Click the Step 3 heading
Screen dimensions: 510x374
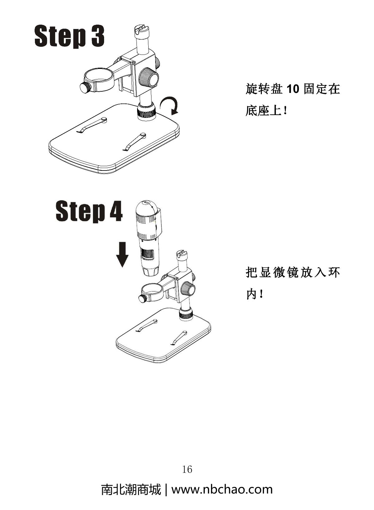[x=69, y=36]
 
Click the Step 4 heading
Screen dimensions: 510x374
[x=89, y=211]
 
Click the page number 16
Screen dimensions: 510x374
[x=187, y=469]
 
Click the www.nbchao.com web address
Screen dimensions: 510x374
[x=222, y=489]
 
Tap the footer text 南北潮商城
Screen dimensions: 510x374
[x=131, y=489]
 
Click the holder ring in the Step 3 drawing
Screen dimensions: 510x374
[x=99, y=80]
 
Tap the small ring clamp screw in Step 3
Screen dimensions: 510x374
[x=85, y=87]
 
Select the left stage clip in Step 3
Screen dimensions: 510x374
[x=93, y=125]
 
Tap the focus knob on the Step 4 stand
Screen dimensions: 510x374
[x=189, y=288]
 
